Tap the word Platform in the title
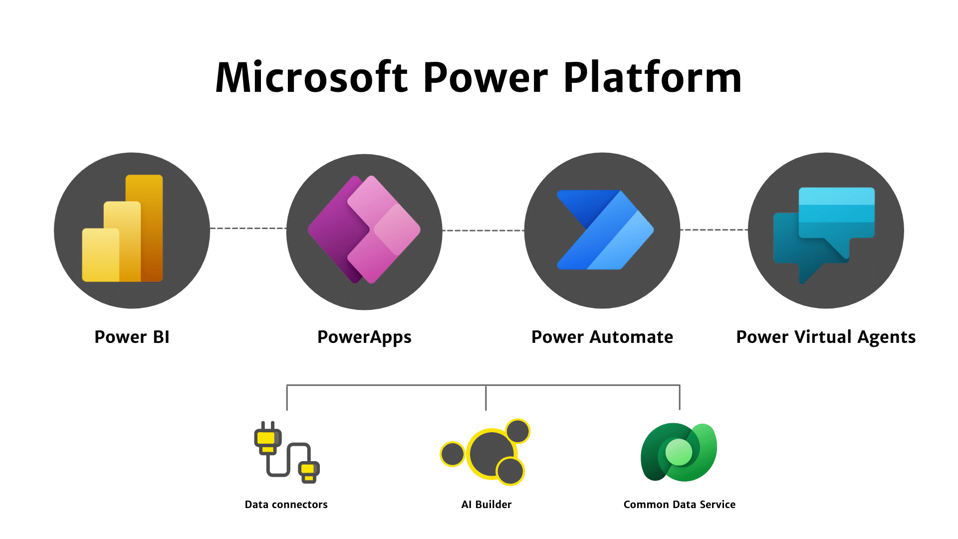tap(653, 77)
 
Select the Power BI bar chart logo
tap(123, 229)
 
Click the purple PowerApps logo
tap(364, 230)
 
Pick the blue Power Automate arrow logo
tap(605, 230)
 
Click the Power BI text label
tap(132, 337)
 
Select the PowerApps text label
tap(364, 338)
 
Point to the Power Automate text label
tap(602, 337)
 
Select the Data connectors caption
tap(286, 505)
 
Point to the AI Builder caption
tap(486, 505)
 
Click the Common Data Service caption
tap(679, 505)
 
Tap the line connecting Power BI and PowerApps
tap(248, 229)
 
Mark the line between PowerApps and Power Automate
tap(483, 231)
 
